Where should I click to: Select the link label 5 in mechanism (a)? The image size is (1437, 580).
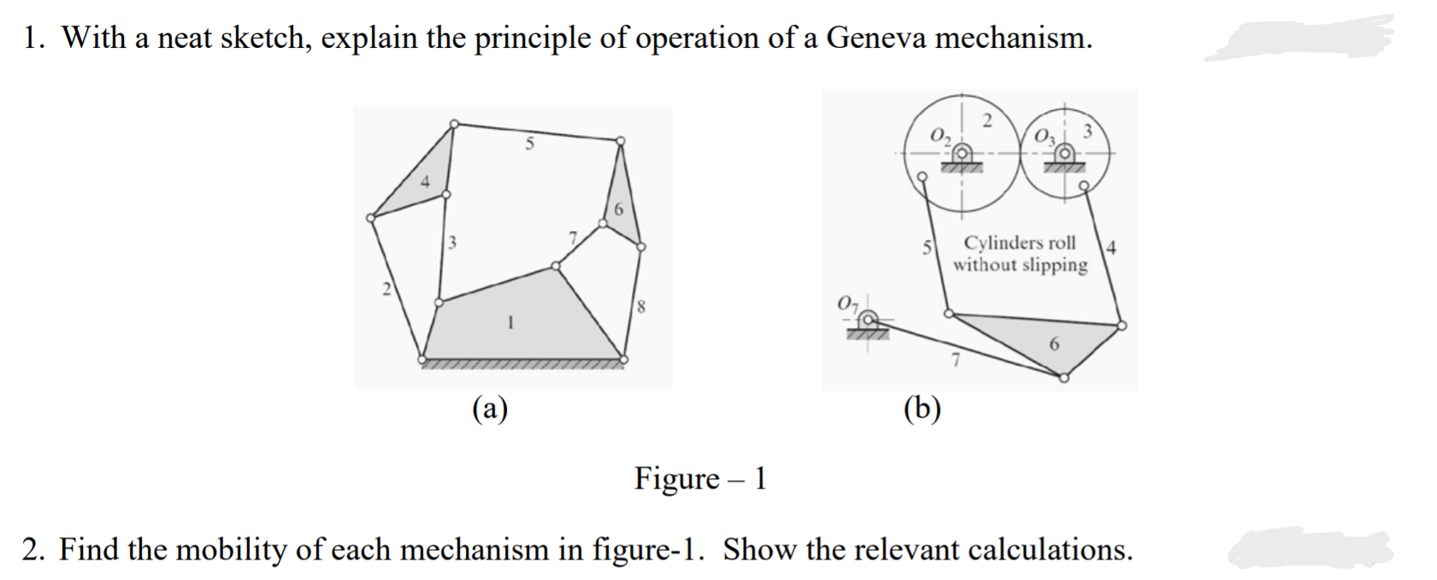tap(530, 144)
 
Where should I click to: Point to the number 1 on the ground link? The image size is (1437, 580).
tap(510, 323)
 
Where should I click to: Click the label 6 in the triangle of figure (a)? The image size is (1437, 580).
tap(619, 209)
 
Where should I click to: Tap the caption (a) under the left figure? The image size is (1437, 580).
tap(491, 409)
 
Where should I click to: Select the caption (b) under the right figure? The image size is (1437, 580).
tap(922, 409)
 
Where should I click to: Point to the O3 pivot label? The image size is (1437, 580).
tap(1045, 135)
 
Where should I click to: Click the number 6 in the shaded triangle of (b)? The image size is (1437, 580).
tap(1054, 343)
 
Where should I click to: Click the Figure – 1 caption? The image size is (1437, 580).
tap(700, 478)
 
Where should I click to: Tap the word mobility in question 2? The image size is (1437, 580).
tap(231, 549)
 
